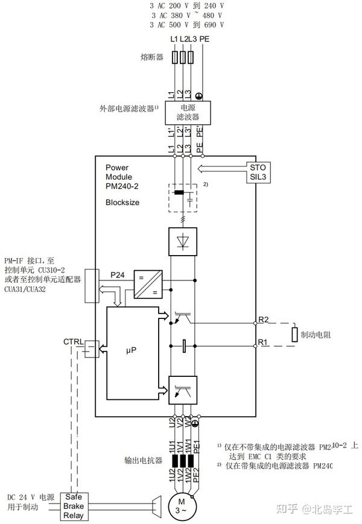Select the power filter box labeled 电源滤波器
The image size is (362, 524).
(183, 112)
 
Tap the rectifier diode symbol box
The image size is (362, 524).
(183, 242)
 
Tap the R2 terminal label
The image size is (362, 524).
(264, 320)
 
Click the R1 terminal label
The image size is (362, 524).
(263, 342)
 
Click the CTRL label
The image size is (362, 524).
(74, 342)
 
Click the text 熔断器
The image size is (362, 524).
(148, 58)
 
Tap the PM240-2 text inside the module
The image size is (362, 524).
(122, 186)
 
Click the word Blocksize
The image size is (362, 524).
(122, 203)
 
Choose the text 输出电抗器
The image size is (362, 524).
(144, 461)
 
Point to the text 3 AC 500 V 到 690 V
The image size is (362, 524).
(187, 25)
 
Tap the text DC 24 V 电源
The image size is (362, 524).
(31, 497)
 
